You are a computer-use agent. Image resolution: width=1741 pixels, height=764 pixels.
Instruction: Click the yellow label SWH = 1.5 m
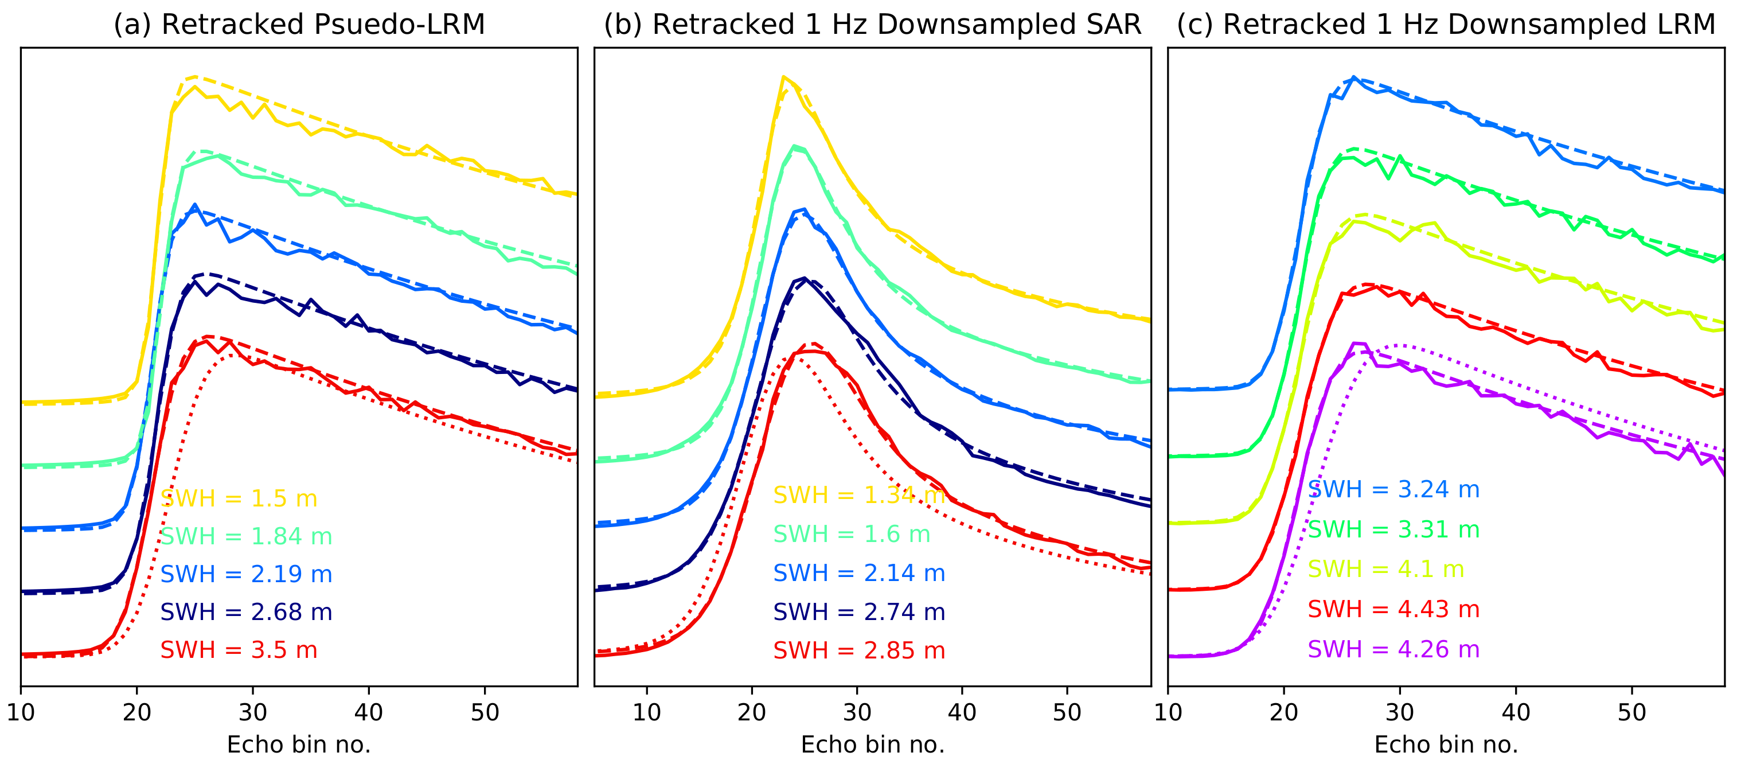click(239, 499)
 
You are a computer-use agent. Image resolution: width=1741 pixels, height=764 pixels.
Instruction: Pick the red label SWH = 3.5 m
click(239, 650)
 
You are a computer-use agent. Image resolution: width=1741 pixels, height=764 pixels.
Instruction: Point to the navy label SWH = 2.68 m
click(246, 613)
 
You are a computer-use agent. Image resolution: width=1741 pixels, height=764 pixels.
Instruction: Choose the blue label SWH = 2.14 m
click(858, 574)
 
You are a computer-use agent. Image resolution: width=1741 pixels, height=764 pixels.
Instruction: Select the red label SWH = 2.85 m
click(858, 651)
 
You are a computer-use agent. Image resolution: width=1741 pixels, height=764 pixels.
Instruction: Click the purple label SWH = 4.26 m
click(1393, 650)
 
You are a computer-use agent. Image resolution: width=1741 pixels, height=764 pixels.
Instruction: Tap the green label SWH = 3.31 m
click(1393, 530)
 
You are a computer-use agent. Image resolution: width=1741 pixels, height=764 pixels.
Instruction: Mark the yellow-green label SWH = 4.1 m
click(1385, 570)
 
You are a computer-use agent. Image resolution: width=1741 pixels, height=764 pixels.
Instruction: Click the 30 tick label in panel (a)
click(253, 712)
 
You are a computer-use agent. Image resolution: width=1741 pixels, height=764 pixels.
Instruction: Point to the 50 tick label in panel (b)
click(1067, 712)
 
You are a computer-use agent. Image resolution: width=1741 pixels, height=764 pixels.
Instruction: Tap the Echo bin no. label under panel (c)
click(1446, 745)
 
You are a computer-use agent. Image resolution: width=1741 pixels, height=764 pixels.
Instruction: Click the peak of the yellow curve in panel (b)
click(783, 77)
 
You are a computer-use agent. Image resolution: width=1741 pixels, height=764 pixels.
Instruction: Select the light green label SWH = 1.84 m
click(246, 537)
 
